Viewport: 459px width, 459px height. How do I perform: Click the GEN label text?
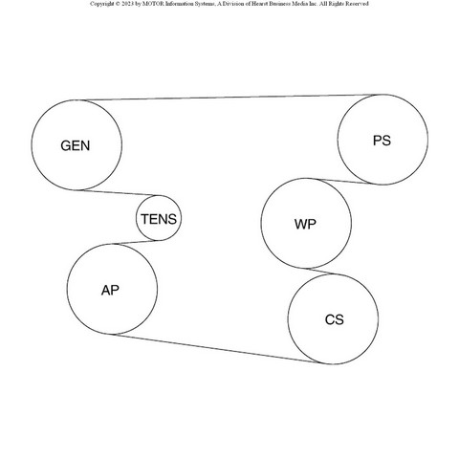pyautogui.click(x=76, y=145)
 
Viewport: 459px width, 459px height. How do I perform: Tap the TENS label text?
pyautogui.click(x=159, y=219)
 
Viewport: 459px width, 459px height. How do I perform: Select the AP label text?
pyautogui.click(x=110, y=290)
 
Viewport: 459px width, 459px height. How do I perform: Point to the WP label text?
pyautogui.click(x=305, y=224)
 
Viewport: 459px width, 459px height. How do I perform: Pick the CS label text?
pyautogui.click(x=335, y=319)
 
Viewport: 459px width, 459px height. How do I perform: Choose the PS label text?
pyautogui.click(x=382, y=141)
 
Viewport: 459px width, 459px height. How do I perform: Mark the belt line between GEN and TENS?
pyautogui.click(x=118, y=193)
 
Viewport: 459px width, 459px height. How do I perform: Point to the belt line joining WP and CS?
pyautogui.click(x=319, y=271)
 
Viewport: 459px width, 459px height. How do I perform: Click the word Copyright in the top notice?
pyautogui.click(x=101, y=4)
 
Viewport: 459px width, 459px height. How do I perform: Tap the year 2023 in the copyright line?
pyautogui.click(x=127, y=4)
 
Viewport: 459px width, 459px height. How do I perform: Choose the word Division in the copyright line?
pyautogui.click(x=233, y=4)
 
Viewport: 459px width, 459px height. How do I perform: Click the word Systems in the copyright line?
pyautogui.click(x=202, y=4)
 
